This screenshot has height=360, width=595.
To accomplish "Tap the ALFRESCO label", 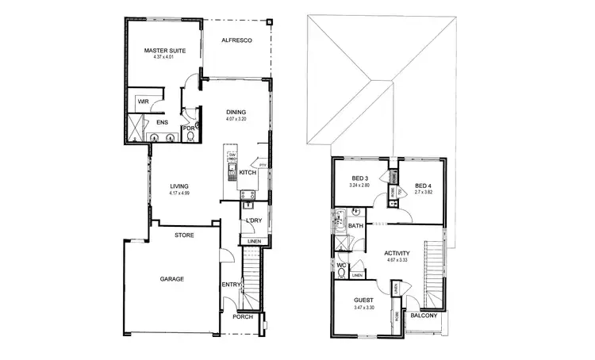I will (236, 40).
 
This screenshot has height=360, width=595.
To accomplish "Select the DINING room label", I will (236, 112).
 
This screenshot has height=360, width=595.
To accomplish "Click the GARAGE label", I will (171, 279).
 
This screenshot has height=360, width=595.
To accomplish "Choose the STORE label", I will (184, 235).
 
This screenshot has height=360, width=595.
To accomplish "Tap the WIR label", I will (144, 102).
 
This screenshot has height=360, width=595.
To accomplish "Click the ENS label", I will (161, 123).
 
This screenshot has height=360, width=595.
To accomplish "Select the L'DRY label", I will (254, 220).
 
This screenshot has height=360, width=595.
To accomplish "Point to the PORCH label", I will (242, 317).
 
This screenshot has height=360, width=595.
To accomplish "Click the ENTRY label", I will (231, 285).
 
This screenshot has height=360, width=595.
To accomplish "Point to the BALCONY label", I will (424, 316).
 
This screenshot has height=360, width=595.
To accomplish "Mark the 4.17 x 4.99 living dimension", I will (180, 193).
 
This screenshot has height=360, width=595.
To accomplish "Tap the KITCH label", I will (247, 172).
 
